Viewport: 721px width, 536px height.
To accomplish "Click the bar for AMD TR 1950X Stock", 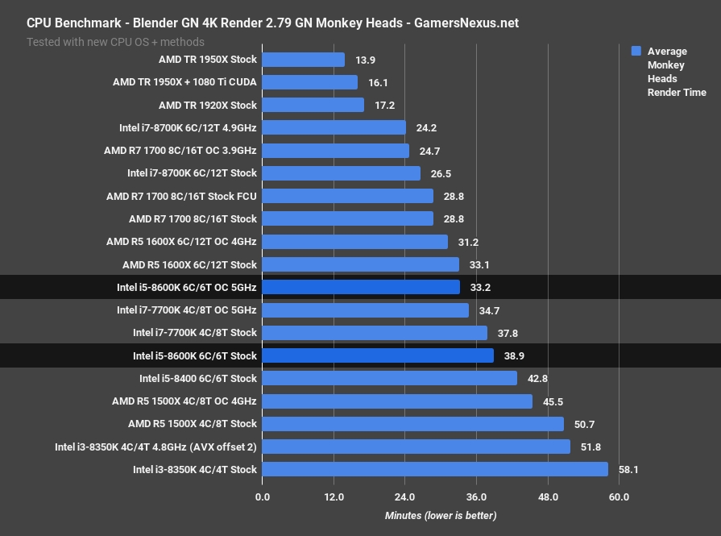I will coord(303,60).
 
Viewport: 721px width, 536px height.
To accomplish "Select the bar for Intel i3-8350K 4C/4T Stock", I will coord(435,469).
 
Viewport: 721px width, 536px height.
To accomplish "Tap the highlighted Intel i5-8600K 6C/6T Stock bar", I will coord(378,355).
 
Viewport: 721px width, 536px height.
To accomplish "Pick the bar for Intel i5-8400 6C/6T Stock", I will coord(389,378).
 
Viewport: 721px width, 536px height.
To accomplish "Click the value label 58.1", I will coord(628,469).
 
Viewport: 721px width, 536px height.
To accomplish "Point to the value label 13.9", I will coord(365,60).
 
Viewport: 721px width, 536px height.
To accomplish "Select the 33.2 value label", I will coord(480,287).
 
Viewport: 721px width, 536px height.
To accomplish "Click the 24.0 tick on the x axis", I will coord(405,497).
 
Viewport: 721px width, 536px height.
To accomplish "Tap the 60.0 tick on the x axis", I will coord(619,497).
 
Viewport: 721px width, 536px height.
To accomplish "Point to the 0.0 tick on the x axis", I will coord(263,497).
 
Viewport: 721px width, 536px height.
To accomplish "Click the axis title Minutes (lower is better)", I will coord(441,516).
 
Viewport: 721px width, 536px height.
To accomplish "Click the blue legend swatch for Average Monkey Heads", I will coord(636,51).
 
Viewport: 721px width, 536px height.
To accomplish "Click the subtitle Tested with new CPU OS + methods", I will coord(115,41).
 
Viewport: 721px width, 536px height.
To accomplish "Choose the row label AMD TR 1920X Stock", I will coord(207,105).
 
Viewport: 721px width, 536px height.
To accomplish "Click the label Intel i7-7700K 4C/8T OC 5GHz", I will coord(186,310).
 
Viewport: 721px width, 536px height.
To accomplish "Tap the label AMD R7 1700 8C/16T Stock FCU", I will coord(181,196).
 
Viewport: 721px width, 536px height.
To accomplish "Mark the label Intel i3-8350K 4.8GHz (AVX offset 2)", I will coord(155,447).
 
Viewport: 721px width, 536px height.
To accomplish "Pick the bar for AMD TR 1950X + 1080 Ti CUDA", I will coord(309,82).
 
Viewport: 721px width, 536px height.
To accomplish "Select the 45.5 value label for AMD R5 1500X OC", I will coord(553,401).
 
